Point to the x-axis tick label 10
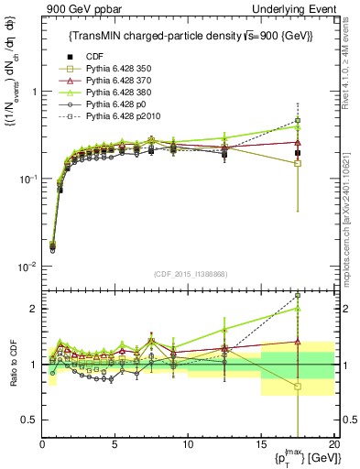point(188,443)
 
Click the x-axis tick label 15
point(261,443)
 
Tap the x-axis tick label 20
point(333,443)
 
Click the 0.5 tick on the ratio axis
point(30,420)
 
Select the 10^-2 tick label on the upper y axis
point(27,267)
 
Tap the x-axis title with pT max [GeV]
point(300,458)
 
